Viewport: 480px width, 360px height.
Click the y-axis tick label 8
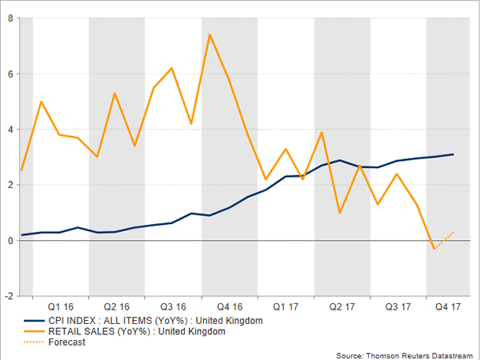(10, 18)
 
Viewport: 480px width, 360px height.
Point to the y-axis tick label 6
(10, 74)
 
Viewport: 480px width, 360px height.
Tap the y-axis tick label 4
(10, 130)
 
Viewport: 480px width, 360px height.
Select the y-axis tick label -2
(8, 296)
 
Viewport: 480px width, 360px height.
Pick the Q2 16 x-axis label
(117, 306)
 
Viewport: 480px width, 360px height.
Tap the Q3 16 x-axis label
(173, 306)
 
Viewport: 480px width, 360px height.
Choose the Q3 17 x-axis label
(398, 306)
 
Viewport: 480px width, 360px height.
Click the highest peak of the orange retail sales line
(210, 34)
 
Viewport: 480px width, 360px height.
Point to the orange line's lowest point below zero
(433, 249)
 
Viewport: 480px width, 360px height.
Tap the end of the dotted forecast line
(454, 232)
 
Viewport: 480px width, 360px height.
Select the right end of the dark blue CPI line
(454, 154)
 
